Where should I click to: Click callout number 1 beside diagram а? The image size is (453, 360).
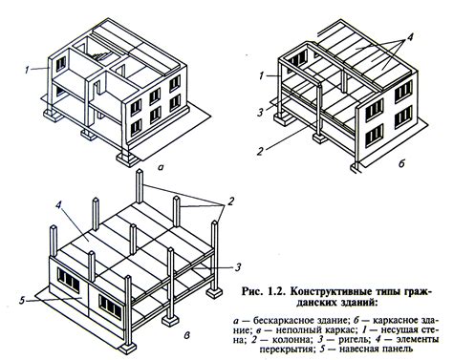point(28,70)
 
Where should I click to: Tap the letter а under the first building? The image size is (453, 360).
point(161,166)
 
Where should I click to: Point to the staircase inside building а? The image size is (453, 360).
point(102,56)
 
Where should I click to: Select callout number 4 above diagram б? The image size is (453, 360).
point(409,37)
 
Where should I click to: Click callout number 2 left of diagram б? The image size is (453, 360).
point(260,151)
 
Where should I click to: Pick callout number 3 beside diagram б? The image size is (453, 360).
point(261,113)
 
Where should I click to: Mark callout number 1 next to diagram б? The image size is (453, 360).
point(262,75)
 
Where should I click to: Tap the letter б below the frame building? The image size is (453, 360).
point(401,163)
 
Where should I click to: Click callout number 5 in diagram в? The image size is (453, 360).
point(22,300)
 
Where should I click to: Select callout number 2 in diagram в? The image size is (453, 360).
point(231,201)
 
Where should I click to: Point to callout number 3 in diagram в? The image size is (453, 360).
point(238,267)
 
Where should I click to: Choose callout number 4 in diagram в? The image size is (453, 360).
point(58,205)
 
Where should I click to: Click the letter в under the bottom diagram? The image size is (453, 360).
point(187,335)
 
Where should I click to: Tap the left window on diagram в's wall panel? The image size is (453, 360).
point(69,281)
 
